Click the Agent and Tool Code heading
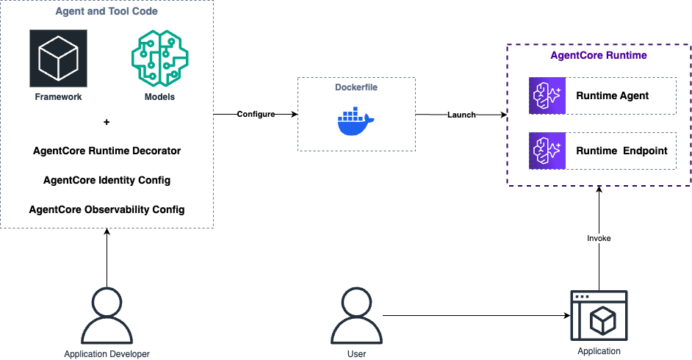point(107,12)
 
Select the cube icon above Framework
point(58,59)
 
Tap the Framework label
point(58,97)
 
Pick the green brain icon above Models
point(159,59)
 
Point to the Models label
point(159,97)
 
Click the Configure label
point(256,115)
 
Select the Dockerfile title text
point(356,87)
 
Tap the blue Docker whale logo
point(356,121)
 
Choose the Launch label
point(462,115)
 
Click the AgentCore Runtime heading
point(599,56)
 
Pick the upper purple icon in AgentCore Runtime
point(547,96)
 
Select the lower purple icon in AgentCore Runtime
point(547,151)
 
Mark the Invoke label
point(599,239)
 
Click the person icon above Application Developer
point(107,316)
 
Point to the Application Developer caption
point(107,354)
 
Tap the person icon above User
point(356,316)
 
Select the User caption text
point(356,354)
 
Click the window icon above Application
point(599,314)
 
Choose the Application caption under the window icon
point(599,351)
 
